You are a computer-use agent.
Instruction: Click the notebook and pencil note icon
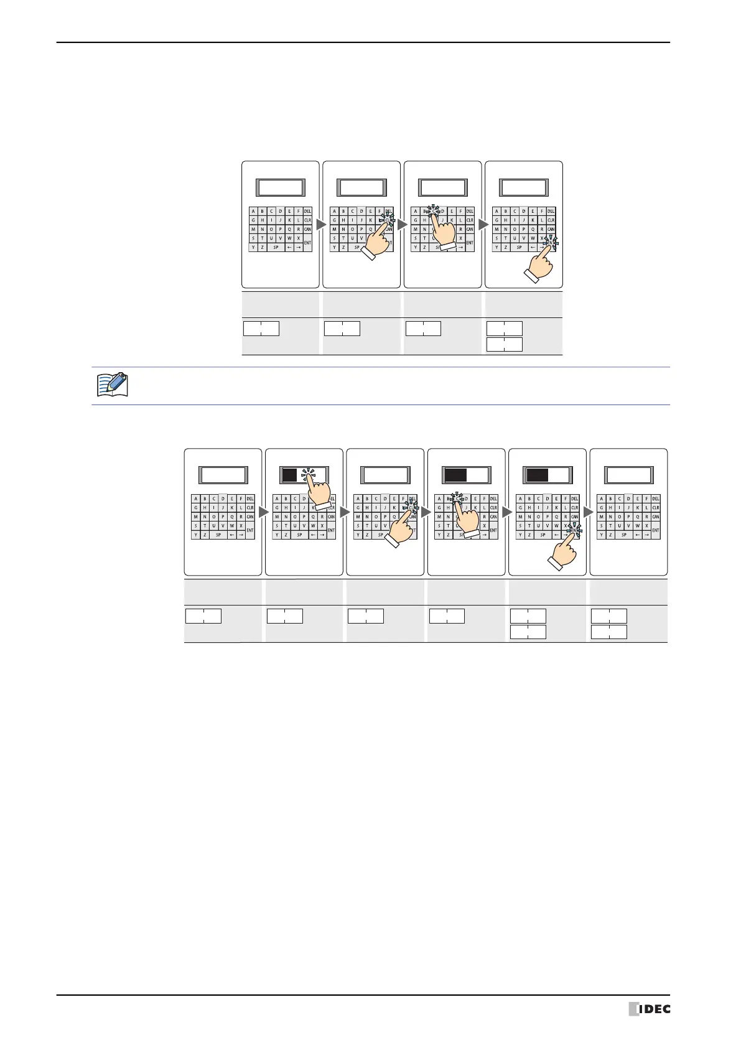[x=113, y=385]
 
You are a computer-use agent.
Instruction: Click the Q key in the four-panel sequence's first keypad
[x=289, y=229]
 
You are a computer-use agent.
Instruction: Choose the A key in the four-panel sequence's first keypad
[x=253, y=211]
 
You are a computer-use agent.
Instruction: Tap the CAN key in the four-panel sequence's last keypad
[x=551, y=229]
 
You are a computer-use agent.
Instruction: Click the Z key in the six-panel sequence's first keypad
[x=205, y=535]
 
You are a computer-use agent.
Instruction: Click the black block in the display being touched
[x=289, y=475]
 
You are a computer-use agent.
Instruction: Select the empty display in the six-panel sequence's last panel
[x=629, y=475]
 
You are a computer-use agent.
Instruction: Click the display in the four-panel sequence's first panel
[x=281, y=188]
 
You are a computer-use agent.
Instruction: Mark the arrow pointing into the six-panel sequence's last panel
[x=588, y=512]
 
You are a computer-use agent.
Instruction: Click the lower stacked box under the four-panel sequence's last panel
[x=505, y=345]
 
